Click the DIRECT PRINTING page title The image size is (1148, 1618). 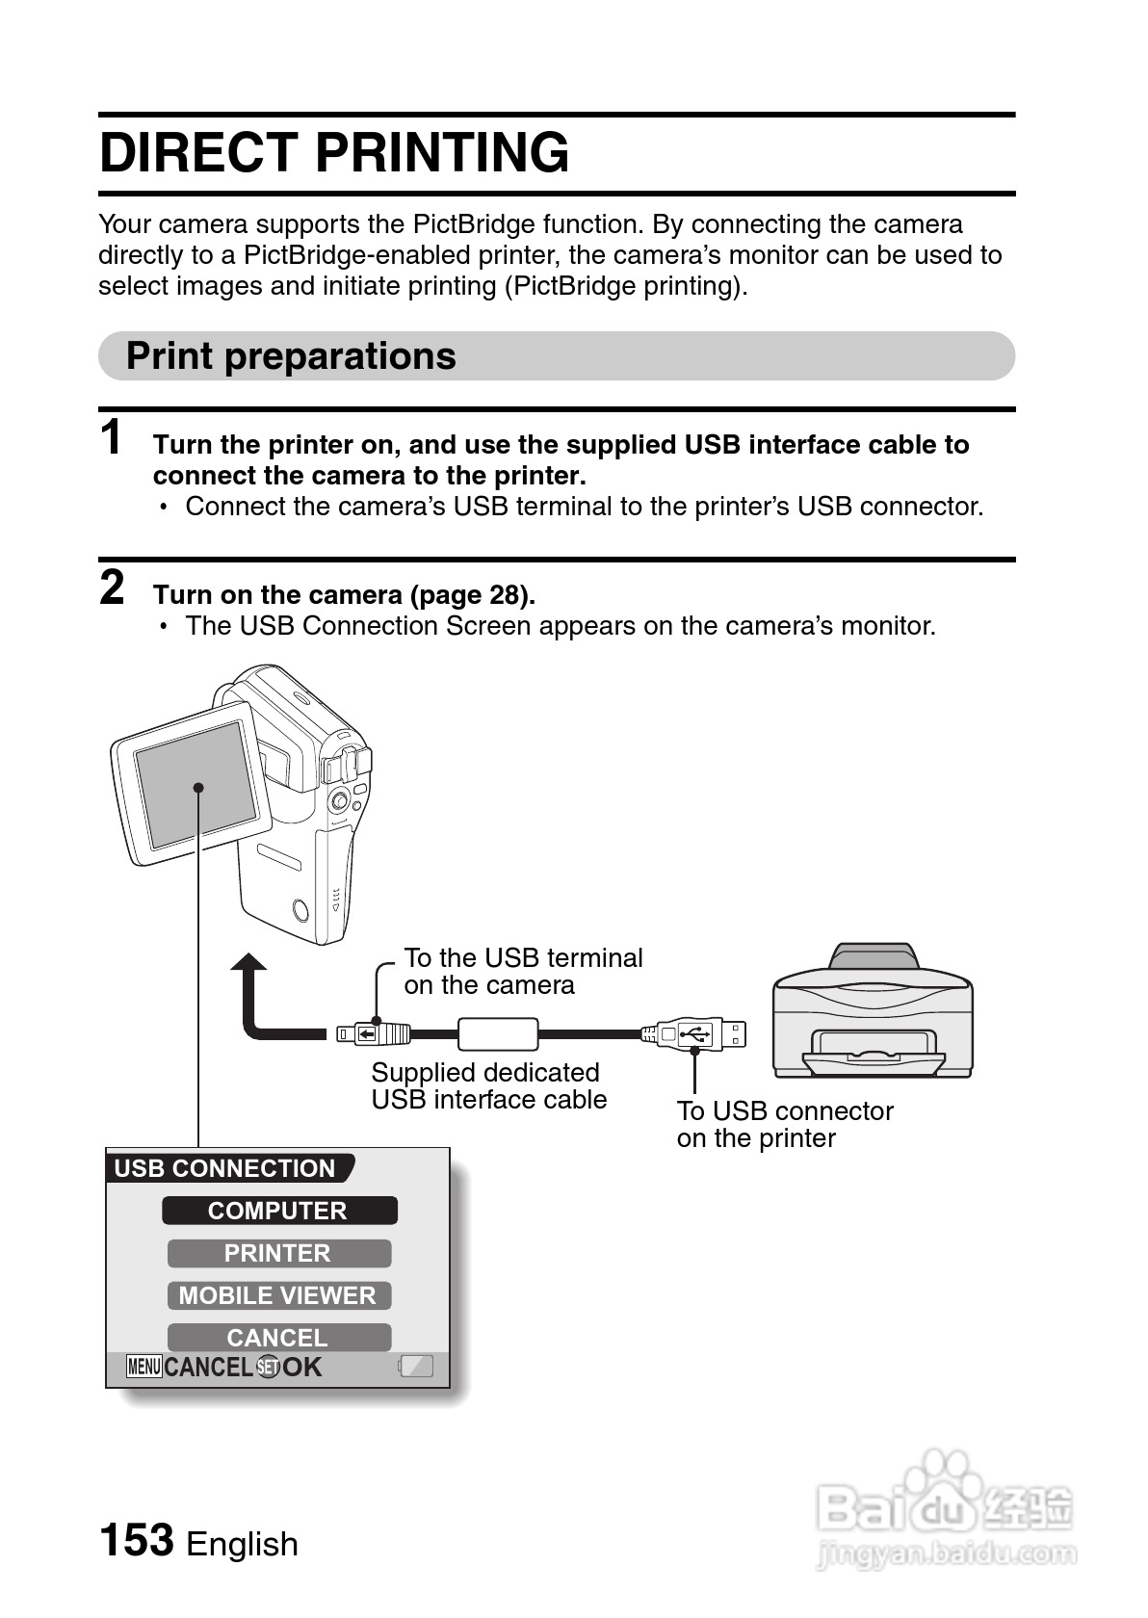coord(334,153)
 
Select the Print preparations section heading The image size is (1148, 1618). coord(291,356)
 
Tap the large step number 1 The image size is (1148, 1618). coord(113,438)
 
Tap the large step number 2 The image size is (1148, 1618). coord(113,587)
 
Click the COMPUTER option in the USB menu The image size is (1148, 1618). coord(278,1211)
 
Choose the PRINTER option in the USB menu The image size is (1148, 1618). coord(278,1253)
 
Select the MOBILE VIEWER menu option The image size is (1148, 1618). coord(278,1295)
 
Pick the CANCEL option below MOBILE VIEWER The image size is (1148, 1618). coord(278,1337)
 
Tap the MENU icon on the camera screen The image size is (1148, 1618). coord(143,1367)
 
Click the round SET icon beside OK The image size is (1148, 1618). coord(268,1367)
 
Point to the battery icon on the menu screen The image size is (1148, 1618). coord(416,1367)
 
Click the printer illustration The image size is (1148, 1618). coord(873,1011)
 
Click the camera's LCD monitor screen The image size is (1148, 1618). coord(200,784)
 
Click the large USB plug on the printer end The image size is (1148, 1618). coord(695,1034)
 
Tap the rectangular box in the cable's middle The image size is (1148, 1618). coord(498,1034)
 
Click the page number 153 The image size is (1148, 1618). coord(137,1539)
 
